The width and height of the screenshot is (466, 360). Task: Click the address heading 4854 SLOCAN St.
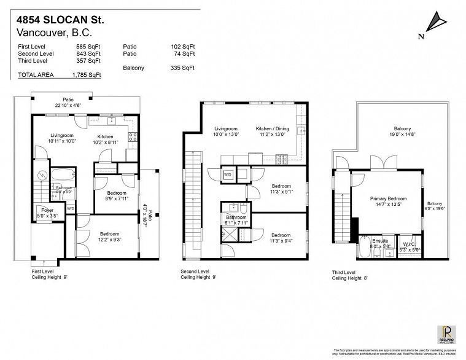(x=60, y=20)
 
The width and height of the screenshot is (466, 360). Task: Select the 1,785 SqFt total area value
(x=86, y=75)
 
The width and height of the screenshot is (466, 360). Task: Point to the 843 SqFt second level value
(x=89, y=53)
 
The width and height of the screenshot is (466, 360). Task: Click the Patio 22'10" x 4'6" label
(x=68, y=102)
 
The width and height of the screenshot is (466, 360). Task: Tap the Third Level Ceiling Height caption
(x=352, y=275)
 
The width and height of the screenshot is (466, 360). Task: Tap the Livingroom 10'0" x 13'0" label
(x=226, y=131)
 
